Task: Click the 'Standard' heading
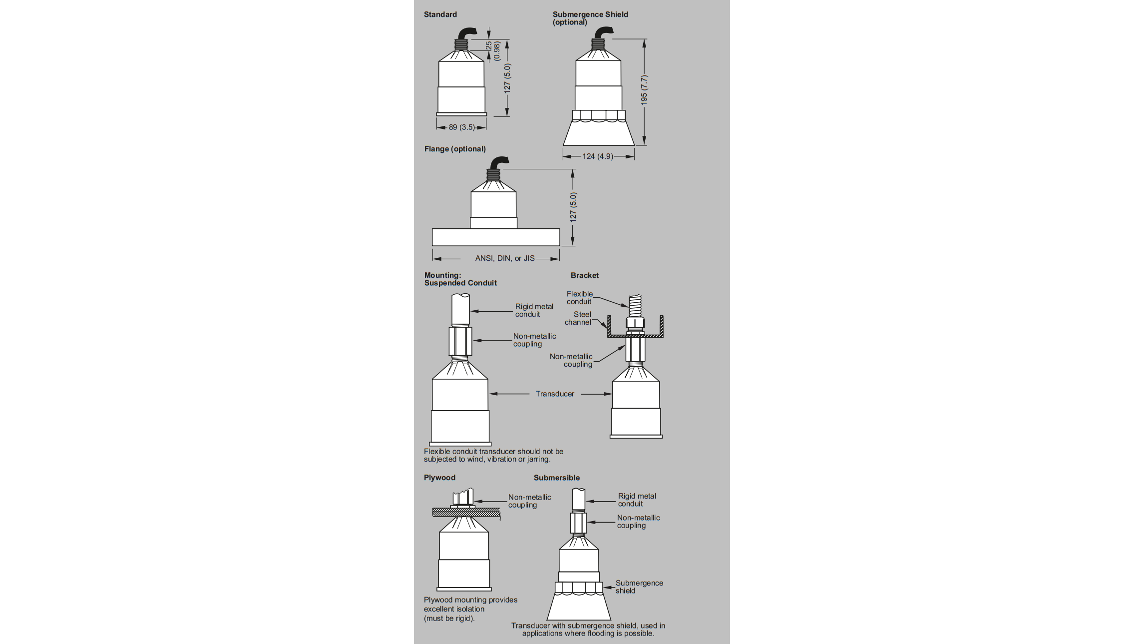tap(440, 14)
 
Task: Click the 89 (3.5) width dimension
tap(461, 127)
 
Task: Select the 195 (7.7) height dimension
tap(644, 90)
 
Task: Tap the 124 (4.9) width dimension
tap(598, 156)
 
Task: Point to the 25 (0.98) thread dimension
tap(492, 50)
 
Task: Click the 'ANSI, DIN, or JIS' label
tap(504, 258)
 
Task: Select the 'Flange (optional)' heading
tap(454, 149)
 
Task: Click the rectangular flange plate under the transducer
tap(495, 237)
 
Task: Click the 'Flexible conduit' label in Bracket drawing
tap(579, 298)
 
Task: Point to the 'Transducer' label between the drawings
tap(555, 394)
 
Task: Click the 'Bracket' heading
tap(584, 275)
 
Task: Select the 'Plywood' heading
tap(439, 478)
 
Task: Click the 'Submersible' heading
tap(556, 478)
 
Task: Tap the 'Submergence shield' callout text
tap(639, 587)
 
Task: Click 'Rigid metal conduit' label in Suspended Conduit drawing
tap(534, 310)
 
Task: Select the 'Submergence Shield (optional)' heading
tap(590, 18)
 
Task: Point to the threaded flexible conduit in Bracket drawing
tap(635, 305)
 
